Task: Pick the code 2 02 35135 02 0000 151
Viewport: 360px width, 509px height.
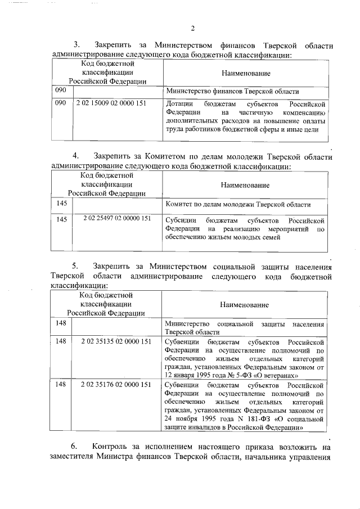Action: tap(116, 341)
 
